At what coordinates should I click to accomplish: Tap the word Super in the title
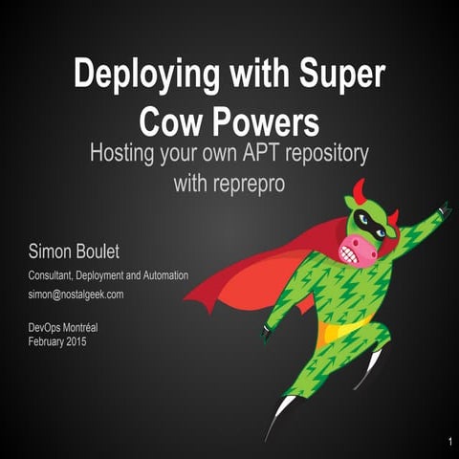pos(336,75)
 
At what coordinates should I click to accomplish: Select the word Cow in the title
pos(171,121)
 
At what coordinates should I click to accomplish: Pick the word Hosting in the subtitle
pos(123,154)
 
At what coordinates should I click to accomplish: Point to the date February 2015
pos(58,340)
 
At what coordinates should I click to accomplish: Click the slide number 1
pos(448,442)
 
